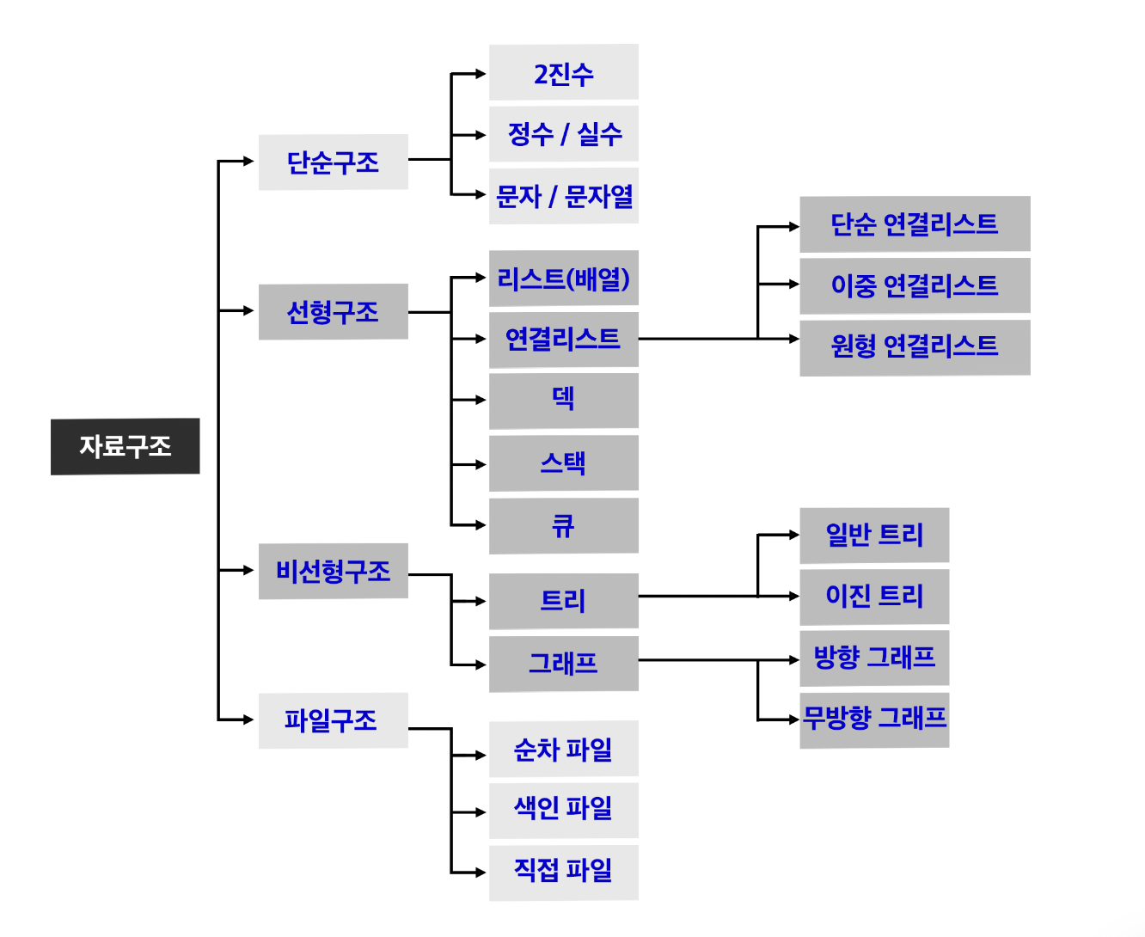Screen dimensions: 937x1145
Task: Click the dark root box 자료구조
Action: (x=125, y=446)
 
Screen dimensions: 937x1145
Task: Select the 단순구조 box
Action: (x=333, y=162)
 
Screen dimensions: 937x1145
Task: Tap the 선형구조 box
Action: (x=333, y=311)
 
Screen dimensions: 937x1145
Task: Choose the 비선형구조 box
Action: (x=333, y=571)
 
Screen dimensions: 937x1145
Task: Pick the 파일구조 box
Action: (x=333, y=720)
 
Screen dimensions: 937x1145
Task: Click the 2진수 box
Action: (x=563, y=73)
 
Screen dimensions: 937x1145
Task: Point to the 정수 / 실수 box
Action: (x=563, y=134)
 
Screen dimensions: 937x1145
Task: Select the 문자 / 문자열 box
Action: (x=563, y=196)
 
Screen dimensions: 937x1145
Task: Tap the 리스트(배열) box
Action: (x=563, y=279)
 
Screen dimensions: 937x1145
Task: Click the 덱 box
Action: (x=563, y=400)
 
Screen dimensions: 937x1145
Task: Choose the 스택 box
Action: (x=563, y=463)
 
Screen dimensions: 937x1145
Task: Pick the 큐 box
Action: (x=563, y=525)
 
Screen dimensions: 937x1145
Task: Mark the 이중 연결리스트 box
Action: (x=915, y=285)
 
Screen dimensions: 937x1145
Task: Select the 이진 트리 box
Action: (x=874, y=596)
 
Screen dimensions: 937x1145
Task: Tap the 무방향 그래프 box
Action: (x=874, y=720)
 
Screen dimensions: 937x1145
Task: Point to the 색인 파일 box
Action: (x=563, y=810)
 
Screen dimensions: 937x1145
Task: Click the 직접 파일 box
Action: (x=563, y=872)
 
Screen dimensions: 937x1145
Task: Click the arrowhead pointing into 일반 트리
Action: (x=793, y=535)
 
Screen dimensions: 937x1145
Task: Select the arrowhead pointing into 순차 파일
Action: (x=481, y=756)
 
